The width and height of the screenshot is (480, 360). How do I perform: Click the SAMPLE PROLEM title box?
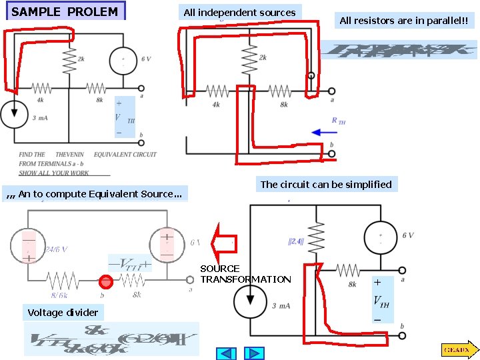click(65, 12)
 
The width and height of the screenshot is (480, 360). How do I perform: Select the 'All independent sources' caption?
click(239, 13)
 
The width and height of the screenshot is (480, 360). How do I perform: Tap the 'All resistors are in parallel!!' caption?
click(403, 21)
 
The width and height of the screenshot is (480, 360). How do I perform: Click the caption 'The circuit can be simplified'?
click(326, 185)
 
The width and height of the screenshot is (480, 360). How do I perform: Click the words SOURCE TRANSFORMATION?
click(245, 274)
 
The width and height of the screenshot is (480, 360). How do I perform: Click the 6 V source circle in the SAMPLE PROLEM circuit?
click(124, 61)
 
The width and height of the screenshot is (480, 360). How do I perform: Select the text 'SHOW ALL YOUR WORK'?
click(54, 173)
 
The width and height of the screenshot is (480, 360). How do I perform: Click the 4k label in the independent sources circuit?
click(215, 105)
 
